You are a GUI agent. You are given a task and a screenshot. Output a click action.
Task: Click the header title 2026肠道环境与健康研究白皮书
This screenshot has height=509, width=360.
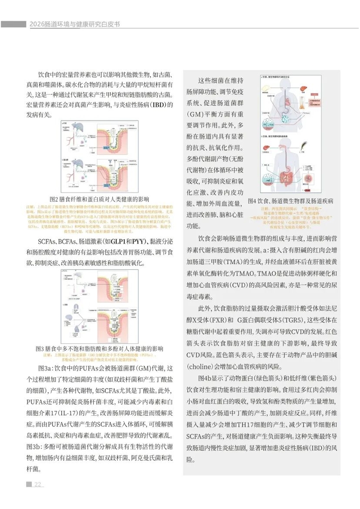pos(76,24)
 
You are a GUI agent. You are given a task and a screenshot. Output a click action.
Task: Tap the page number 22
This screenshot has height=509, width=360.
pos(38,484)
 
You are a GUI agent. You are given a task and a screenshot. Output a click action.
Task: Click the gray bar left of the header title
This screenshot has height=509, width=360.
pos(13,24)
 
